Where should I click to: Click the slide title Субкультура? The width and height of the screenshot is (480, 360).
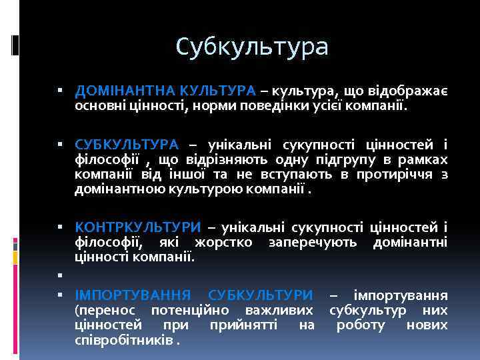click(x=253, y=47)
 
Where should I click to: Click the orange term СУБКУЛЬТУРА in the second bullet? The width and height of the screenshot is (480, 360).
click(x=127, y=144)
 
